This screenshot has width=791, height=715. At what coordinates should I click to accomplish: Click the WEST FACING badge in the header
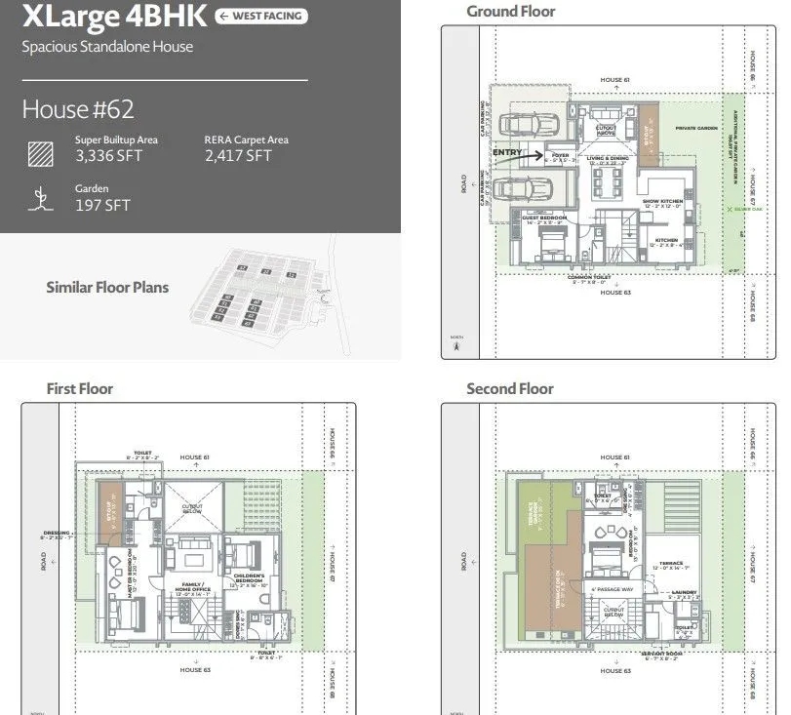(x=260, y=17)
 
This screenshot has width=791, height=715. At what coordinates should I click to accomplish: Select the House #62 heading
(x=78, y=108)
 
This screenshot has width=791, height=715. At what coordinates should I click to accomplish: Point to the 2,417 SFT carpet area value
(x=238, y=155)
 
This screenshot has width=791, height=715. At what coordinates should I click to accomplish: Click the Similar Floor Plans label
(x=107, y=287)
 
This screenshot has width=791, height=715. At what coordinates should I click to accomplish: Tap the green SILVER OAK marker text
(x=748, y=209)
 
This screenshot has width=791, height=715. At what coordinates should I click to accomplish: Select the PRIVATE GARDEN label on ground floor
(x=695, y=128)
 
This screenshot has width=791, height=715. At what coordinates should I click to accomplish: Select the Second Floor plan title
(x=509, y=388)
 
